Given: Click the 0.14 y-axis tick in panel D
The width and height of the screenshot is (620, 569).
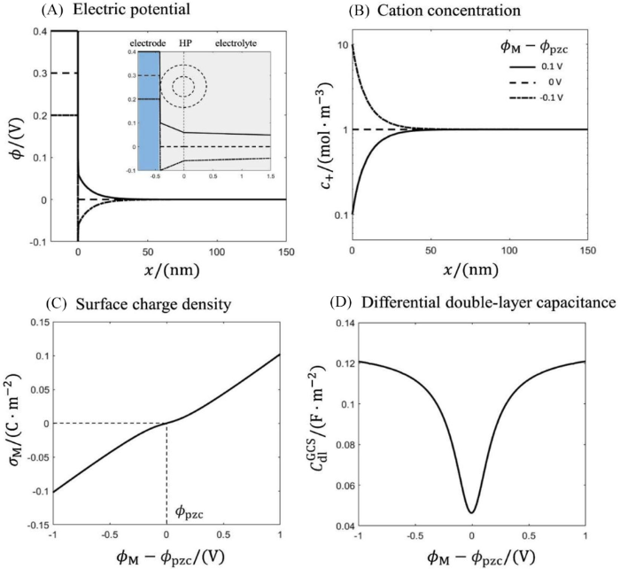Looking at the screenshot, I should (x=342, y=323).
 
